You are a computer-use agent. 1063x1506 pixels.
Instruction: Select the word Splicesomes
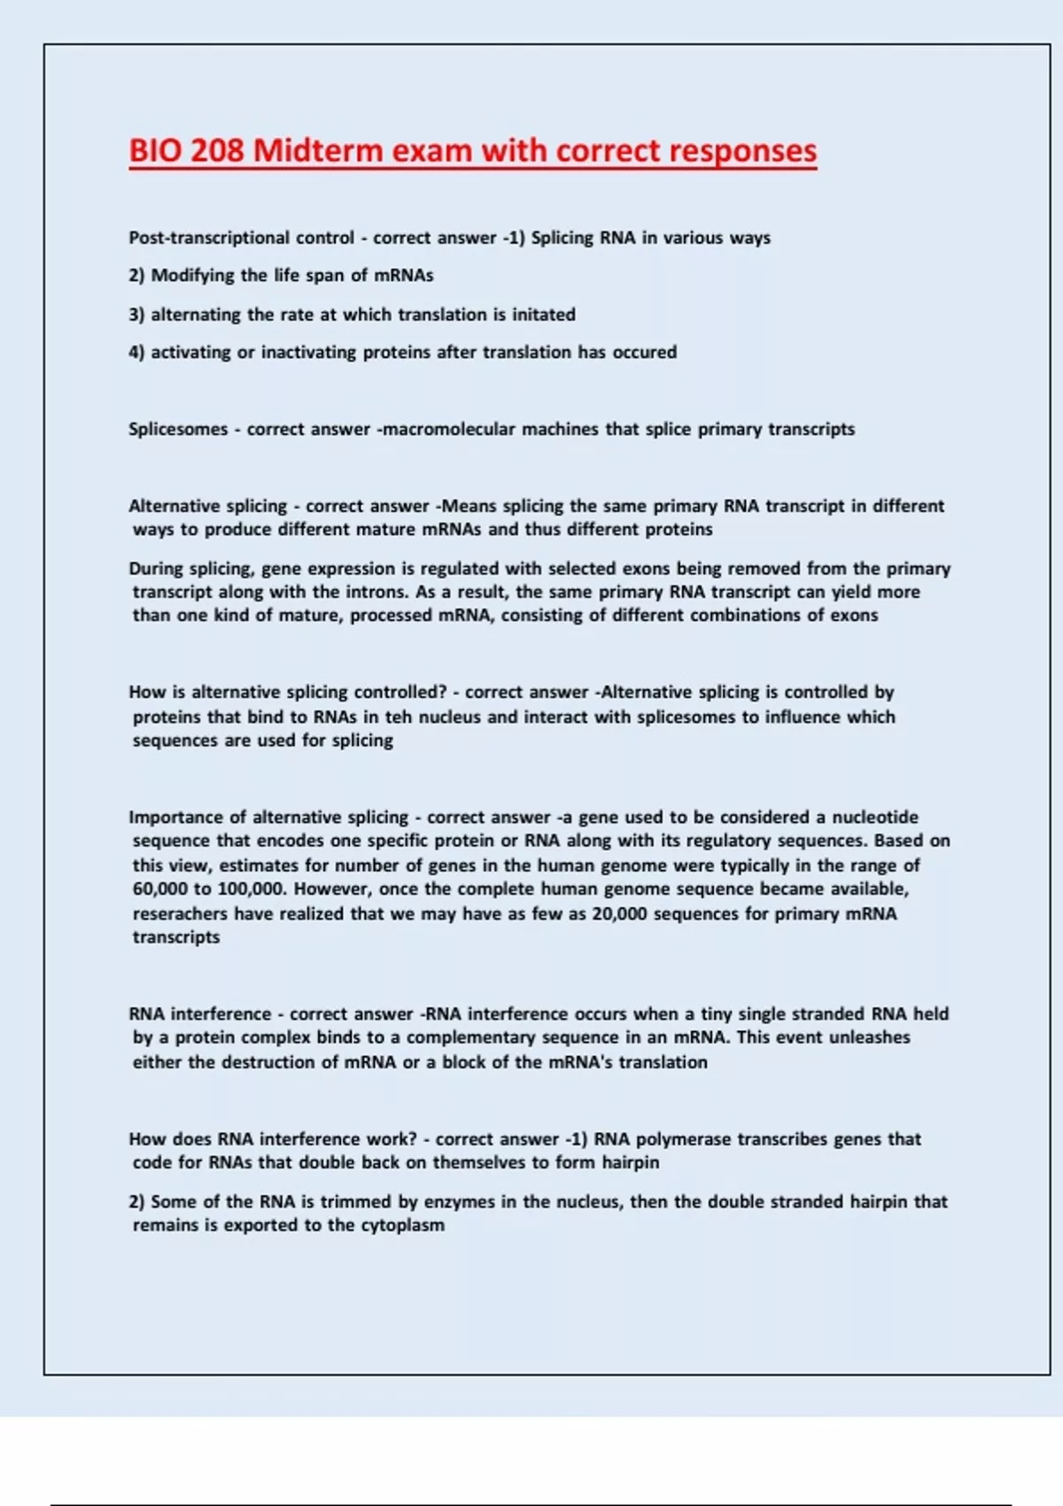click(x=178, y=430)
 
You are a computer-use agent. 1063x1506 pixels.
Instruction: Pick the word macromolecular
click(x=449, y=430)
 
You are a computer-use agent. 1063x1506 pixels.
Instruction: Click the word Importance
click(x=174, y=818)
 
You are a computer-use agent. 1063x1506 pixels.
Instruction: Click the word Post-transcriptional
click(x=209, y=238)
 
